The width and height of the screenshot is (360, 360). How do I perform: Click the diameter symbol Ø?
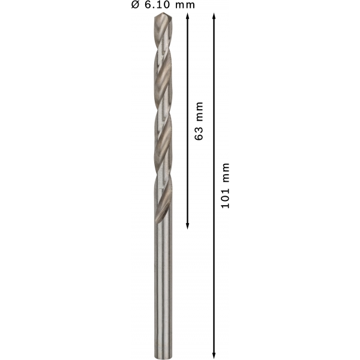[x=135, y=5]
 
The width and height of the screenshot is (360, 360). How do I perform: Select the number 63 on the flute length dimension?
[x=199, y=133]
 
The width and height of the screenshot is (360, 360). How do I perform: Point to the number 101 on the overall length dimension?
[x=225, y=198]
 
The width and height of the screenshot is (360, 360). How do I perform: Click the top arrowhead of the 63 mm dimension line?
[x=187, y=16]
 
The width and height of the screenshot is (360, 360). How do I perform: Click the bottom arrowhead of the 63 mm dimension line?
[x=187, y=226]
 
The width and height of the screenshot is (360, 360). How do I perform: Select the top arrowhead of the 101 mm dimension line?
[x=214, y=16]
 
